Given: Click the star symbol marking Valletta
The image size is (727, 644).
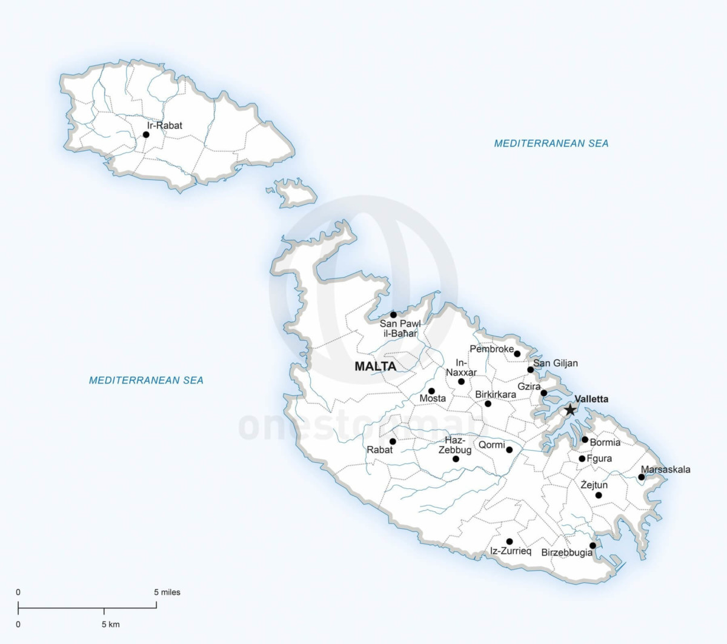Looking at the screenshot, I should [x=570, y=410].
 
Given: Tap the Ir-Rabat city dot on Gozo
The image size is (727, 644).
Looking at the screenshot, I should [x=146, y=134].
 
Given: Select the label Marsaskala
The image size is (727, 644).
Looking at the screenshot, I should [x=665, y=470].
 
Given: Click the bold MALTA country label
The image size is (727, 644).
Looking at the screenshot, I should [x=375, y=367].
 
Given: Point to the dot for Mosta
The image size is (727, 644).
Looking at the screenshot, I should [x=431, y=391].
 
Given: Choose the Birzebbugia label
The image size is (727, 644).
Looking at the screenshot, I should [x=566, y=553].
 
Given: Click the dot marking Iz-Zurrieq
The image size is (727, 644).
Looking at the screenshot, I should [x=510, y=542].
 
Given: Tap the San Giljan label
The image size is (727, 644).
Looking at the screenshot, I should [x=555, y=363].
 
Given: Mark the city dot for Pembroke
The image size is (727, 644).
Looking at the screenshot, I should [x=517, y=354].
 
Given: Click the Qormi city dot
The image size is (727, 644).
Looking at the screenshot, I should [x=510, y=450].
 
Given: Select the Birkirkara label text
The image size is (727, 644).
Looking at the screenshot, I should [x=496, y=394].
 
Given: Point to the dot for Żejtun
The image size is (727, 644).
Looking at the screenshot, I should [x=599, y=495].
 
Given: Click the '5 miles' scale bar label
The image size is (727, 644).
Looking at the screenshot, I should [x=167, y=592].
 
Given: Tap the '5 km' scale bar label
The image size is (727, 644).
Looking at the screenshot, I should [x=110, y=624].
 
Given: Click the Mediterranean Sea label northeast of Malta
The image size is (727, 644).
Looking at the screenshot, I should [x=551, y=144].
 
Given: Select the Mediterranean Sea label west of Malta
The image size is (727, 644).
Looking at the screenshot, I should [x=146, y=380].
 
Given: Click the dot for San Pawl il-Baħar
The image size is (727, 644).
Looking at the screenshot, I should [x=393, y=314].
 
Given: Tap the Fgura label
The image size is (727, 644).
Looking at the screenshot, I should [x=599, y=459].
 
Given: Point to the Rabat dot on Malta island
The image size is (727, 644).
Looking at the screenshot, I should [x=393, y=441].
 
